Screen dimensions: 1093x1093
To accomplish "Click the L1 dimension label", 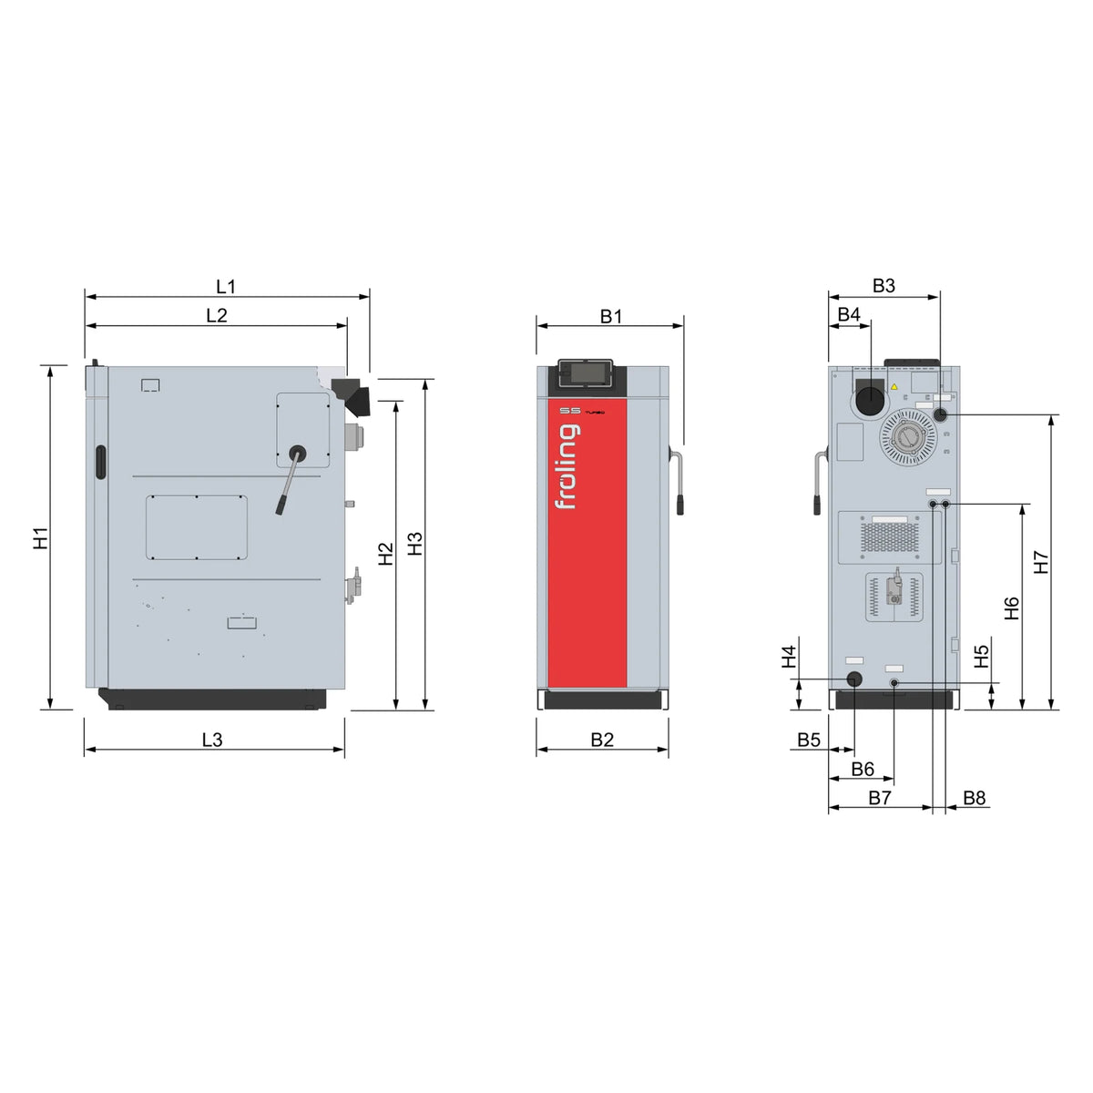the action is tap(225, 286).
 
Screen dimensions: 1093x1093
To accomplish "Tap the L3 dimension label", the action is tap(213, 740).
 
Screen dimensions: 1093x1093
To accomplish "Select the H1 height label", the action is tap(41, 537).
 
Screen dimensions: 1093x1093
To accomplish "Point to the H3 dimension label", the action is tap(415, 544).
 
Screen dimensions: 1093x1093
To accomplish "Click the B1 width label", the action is tap(611, 316).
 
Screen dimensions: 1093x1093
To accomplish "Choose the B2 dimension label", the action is tap(602, 740).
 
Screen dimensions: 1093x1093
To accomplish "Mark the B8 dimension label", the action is tap(974, 798).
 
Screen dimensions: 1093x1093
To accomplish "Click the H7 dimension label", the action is tap(1041, 562).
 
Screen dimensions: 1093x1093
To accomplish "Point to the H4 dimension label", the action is tap(789, 656).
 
